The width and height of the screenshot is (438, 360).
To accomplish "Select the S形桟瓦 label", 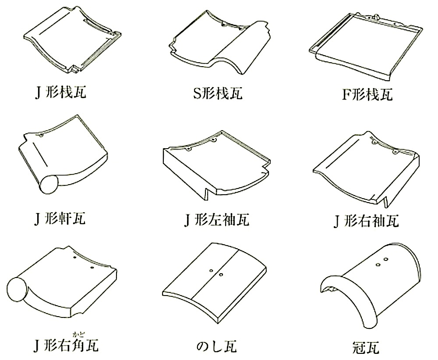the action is click(218, 93).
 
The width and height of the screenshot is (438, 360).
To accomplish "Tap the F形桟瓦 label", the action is click(367, 94).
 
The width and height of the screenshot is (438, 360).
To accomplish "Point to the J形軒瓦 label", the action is click(60, 218).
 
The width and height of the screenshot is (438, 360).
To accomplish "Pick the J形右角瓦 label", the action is click(66, 345).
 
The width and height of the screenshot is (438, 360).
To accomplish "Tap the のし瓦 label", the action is click(217, 346).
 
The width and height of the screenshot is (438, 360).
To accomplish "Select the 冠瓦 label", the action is click(366, 347).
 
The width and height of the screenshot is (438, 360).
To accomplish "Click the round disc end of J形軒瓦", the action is click(49, 184).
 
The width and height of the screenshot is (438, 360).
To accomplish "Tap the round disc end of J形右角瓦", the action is click(17, 289).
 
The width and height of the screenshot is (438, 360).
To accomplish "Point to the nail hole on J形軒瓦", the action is click(41, 135).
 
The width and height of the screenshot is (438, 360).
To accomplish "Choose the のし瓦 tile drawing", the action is click(215, 282).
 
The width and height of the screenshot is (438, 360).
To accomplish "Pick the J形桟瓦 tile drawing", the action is click(73, 39).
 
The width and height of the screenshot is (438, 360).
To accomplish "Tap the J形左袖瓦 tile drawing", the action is click(216, 165).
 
